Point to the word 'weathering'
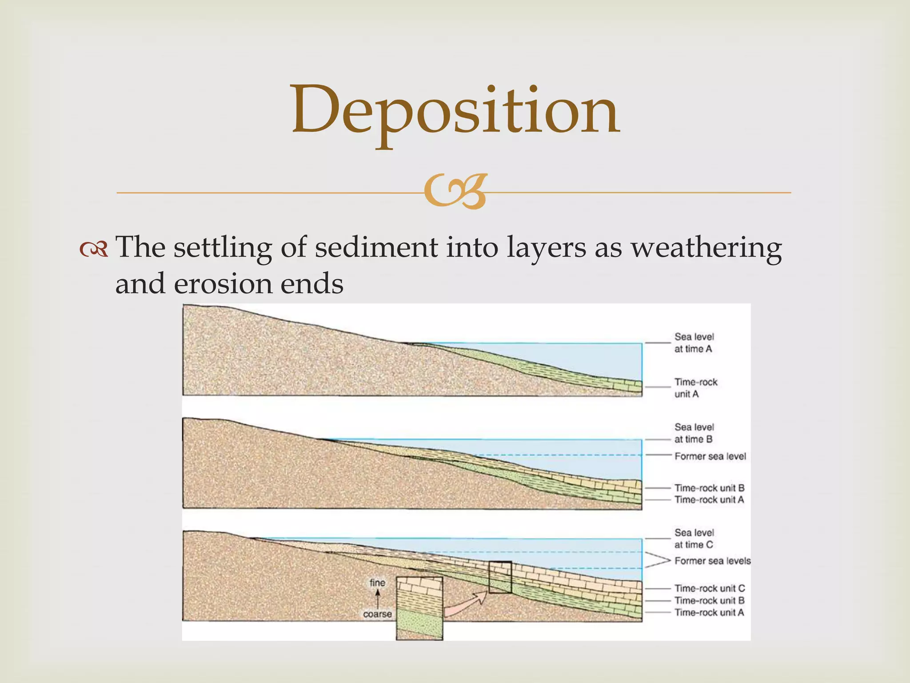(x=706, y=248)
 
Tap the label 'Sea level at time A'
(x=694, y=343)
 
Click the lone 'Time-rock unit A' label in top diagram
(x=695, y=388)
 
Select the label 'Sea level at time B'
(x=694, y=433)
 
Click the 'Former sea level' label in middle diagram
(x=710, y=456)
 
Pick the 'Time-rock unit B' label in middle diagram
(x=709, y=488)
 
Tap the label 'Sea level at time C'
(x=694, y=538)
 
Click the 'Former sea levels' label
(x=712, y=561)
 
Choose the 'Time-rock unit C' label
(x=709, y=588)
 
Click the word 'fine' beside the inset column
(x=377, y=583)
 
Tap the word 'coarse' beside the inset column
(x=377, y=614)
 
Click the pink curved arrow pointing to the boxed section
(x=464, y=605)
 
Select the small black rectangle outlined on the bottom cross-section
(x=500, y=577)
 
